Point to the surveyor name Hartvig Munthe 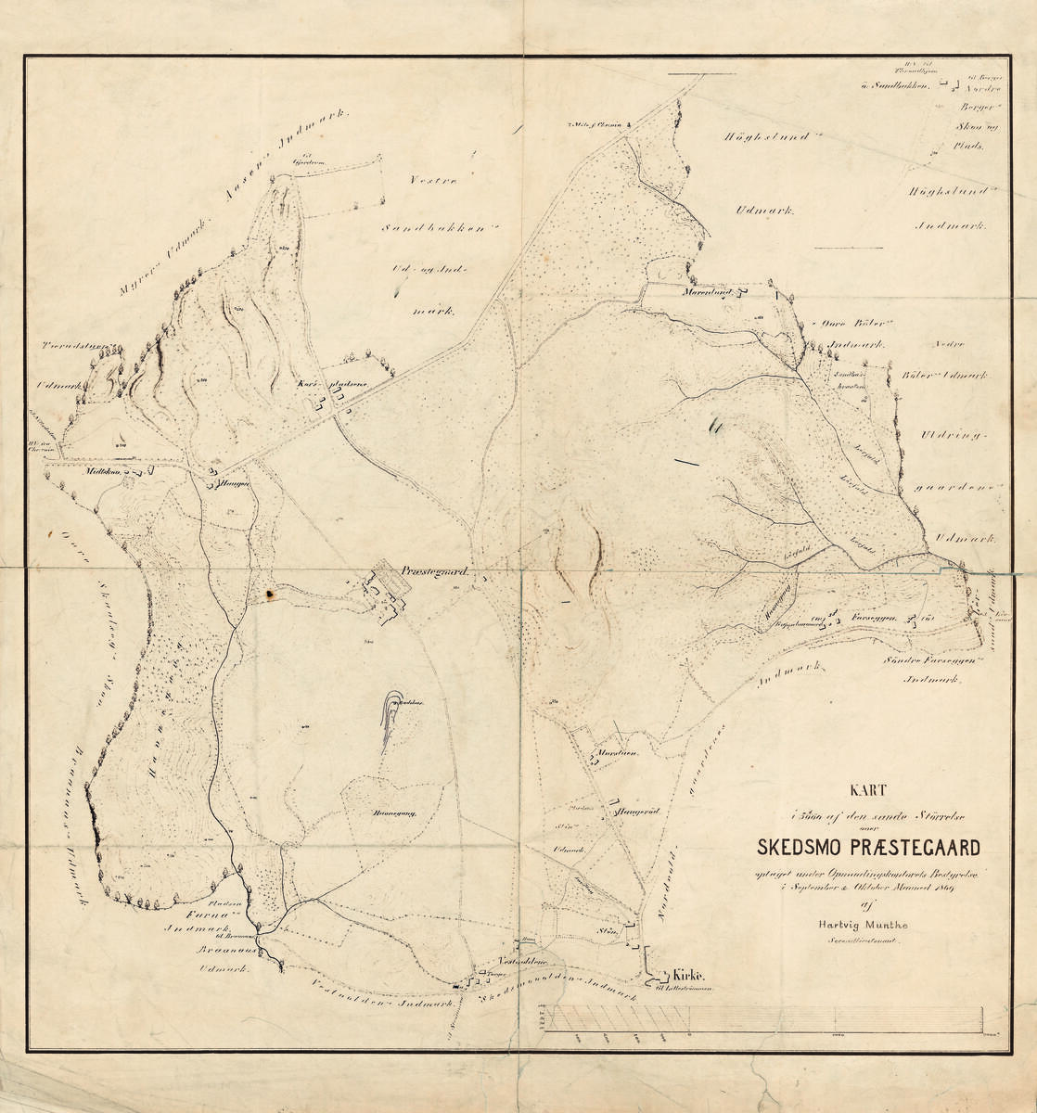(867, 924)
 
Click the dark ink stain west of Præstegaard (270, 592)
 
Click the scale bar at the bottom (770, 1019)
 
